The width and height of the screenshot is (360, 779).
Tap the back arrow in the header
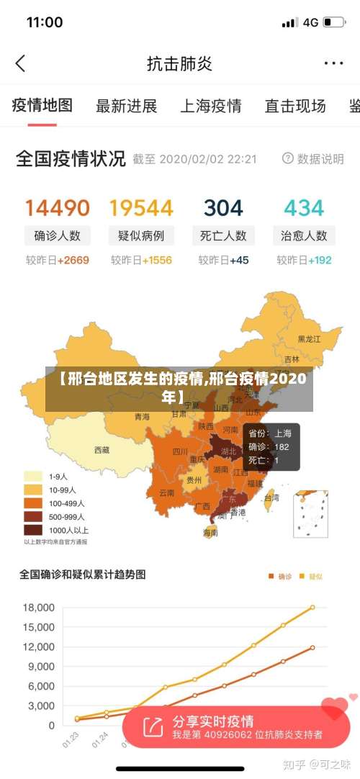20,63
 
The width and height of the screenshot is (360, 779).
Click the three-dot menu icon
333,63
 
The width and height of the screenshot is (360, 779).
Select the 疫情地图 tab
42,106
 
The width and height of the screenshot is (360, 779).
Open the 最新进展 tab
127,107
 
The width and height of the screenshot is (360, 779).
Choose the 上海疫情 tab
210,107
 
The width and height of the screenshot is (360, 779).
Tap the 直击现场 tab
294,107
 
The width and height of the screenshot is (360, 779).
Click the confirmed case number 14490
58,208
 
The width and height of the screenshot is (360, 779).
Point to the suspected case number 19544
141,208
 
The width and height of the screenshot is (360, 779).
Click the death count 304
223,208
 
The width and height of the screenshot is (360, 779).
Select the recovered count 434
304,208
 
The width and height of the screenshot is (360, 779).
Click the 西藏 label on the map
102,450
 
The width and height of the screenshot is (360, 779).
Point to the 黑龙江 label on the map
310,338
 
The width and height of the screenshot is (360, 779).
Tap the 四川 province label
180,452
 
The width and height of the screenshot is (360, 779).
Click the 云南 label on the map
166,493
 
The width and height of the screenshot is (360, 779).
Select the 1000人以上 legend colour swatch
33,530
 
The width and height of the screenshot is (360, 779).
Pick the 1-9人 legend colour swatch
33,476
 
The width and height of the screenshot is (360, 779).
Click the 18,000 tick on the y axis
39,608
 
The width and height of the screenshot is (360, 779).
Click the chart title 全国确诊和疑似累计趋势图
82,575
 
